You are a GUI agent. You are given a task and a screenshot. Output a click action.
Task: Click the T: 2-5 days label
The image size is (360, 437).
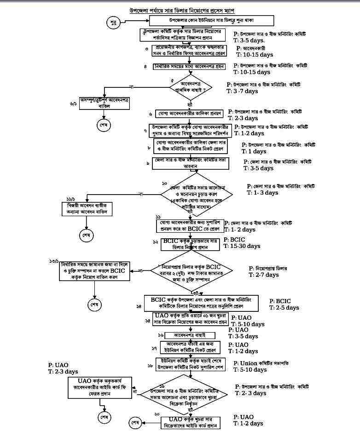pos(284,308)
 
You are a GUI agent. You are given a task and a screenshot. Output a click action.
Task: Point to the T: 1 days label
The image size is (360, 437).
pos(254,151)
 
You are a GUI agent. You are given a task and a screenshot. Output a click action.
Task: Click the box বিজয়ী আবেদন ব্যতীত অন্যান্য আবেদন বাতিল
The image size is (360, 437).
pos(87,208)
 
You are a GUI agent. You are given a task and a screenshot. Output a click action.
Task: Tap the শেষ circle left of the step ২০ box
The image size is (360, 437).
pos(134,422)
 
